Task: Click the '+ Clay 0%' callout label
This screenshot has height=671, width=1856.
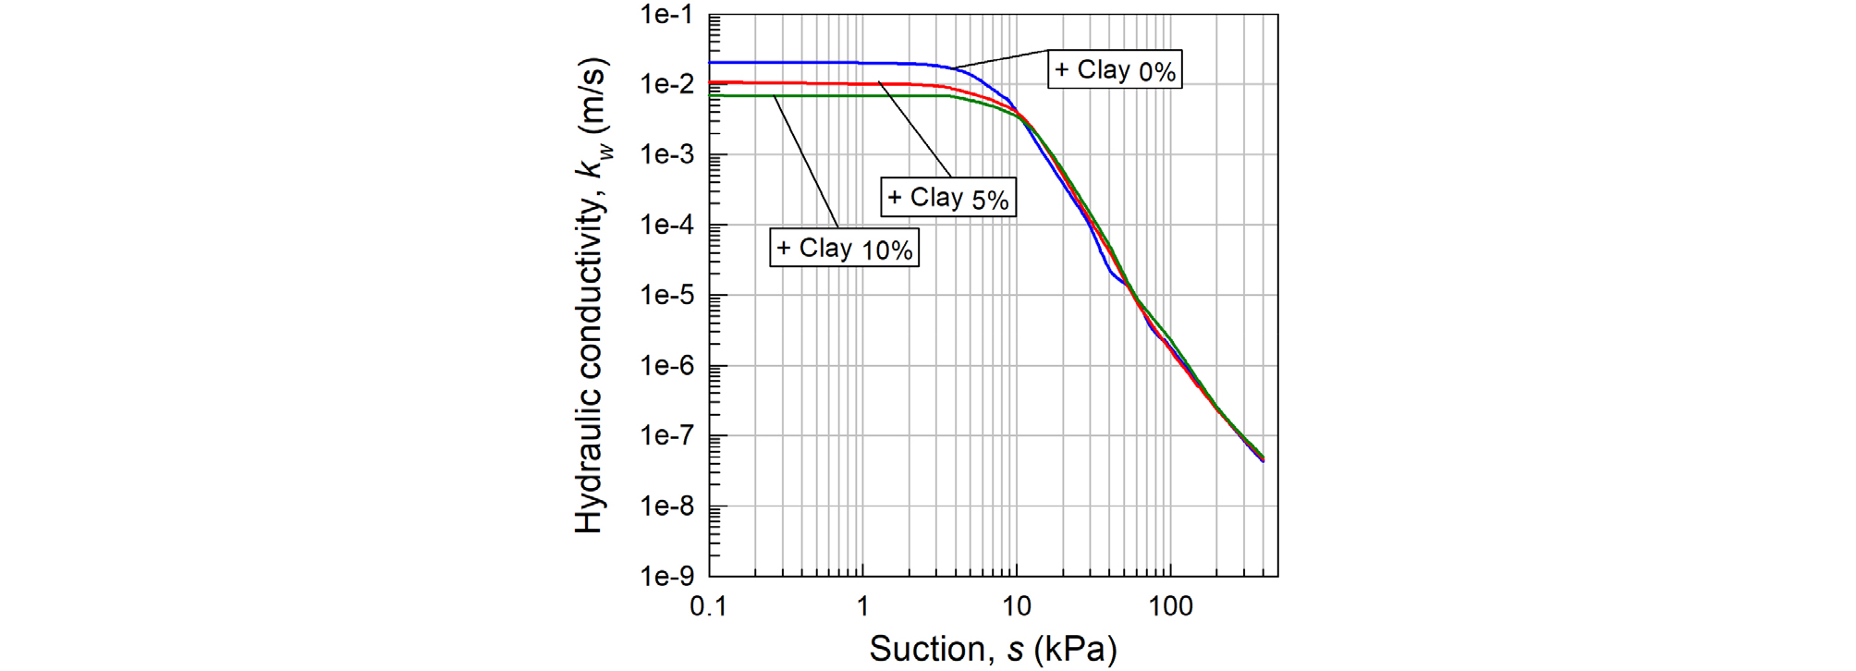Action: pos(1115,70)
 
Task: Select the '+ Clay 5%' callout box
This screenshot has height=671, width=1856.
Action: pos(947,198)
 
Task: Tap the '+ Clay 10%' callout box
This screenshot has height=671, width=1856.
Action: pos(844,249)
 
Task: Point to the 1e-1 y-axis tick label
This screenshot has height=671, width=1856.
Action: pos(666,16)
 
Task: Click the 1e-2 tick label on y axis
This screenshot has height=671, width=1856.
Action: pos(666,85)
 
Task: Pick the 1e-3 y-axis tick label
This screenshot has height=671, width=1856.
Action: pos(666,155)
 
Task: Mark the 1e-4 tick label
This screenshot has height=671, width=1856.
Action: pos(666,226)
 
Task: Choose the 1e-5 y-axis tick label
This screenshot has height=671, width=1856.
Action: pos(666,296)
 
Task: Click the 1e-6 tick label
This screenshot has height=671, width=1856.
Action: pos(666,366)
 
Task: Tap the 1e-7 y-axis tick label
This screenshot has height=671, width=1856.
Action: pos(666,435)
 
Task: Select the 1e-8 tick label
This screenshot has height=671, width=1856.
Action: pos(666,506)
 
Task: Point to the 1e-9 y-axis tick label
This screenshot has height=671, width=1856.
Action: pos(666,577)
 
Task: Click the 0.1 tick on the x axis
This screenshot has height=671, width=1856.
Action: pos(708,607)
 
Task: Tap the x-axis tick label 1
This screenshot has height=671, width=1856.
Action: pos(862,607)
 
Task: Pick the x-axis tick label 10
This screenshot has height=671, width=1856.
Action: pos(1016,607)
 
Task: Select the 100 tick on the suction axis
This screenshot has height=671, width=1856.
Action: pos(1170,607)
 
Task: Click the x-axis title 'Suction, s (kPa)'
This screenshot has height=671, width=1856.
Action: pos(993,649)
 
